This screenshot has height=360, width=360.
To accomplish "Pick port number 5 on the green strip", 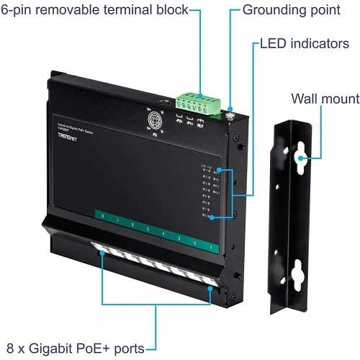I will pyautogui.click(x=148, y=230).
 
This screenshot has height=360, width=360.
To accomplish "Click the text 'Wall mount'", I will pyautogui.click(x=325, y=99).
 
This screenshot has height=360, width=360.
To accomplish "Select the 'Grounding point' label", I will pyautogui.click(x=291, y=10).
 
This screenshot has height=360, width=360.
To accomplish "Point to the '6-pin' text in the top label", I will pyautogui.click(x=22, y=10).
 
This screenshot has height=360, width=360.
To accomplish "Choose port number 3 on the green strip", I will pyautogui.click(x=179, y=238).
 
